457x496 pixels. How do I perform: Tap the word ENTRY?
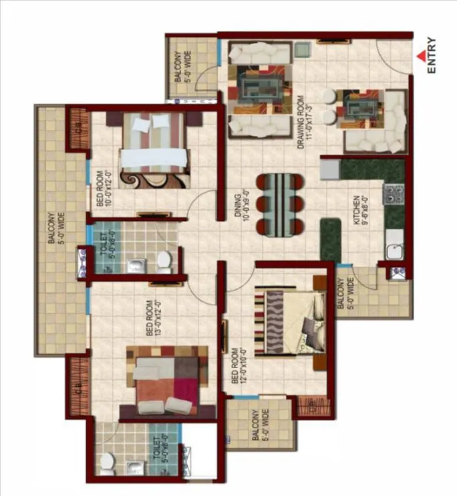coord(432,58)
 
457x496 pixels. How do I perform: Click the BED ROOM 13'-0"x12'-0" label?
coord(152,320)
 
